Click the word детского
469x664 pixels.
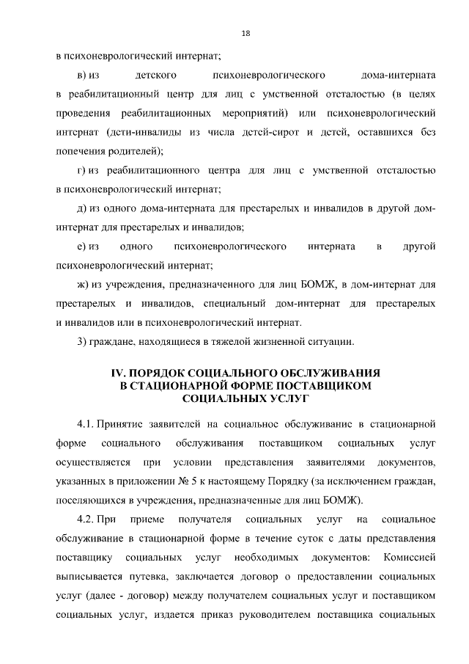[154, 76]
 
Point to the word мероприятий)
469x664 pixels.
[258, 114]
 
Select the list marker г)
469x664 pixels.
[81, 171]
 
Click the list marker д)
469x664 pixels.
[81, 209]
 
